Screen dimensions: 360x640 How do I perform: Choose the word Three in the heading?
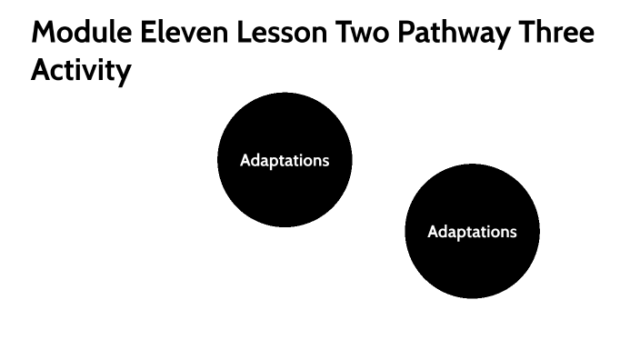[x=555, y=34]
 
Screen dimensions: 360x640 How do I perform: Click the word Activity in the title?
[x=81, y=71]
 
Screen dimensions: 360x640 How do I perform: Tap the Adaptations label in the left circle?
[x=285, y=161]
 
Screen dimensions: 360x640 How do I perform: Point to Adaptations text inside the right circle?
[x=472, y=232]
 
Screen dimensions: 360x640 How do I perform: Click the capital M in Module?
[x=44, y=34]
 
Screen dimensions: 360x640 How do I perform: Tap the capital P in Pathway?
[x=407, y=34]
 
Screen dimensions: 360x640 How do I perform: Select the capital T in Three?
[x=523, y=34]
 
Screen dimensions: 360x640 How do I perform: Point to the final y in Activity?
[x=124, y=74]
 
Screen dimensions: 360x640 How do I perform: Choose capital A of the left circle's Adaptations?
[x=245, y=161]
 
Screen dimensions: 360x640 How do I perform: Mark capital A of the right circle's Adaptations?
[x=433, y=232]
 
